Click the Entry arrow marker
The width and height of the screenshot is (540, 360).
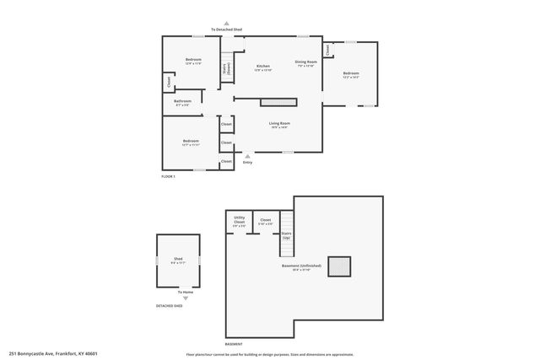pos(247,156)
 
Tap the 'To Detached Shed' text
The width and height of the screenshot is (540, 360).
pos(226,30)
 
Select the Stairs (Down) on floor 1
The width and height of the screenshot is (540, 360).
pos(226,71)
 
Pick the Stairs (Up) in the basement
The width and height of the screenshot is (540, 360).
pos(286,236)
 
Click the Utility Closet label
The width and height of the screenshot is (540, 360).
pos(239,222)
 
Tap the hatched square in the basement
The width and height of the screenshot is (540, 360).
pos(340,266)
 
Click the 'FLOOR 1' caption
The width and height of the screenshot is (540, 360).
pos(168,176)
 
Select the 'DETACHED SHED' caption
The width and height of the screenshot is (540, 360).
pos(169,306)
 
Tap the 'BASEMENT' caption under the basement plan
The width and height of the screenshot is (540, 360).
pos(234,344)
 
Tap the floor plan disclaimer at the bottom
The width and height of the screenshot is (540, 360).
pos(269,354)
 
